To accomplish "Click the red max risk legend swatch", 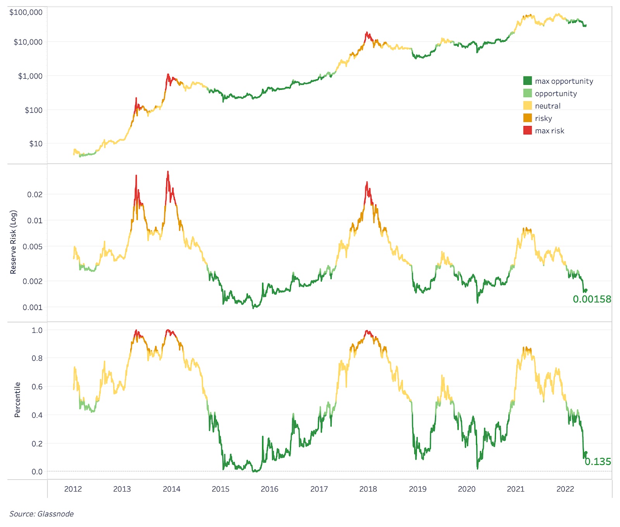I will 527,131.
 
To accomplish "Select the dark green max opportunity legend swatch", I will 527,81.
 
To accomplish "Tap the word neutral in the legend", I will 548,106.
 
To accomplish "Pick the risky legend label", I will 543,118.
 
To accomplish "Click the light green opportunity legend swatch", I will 527,93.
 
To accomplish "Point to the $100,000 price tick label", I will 26,12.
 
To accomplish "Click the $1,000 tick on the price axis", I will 30,76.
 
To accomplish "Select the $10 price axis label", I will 36,144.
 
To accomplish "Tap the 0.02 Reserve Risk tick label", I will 34,195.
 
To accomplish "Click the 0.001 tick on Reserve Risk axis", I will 33,308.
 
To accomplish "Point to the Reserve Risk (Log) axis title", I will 14,242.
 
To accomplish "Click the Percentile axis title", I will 17,400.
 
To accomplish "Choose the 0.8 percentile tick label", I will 37,358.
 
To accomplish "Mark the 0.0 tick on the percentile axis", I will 37,472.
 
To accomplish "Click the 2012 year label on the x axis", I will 73,489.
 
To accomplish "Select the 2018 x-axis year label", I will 368,489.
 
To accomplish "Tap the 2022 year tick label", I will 565,489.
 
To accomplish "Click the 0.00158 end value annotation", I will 592,299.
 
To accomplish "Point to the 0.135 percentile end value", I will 598,462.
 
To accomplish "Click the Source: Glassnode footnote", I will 41,514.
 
